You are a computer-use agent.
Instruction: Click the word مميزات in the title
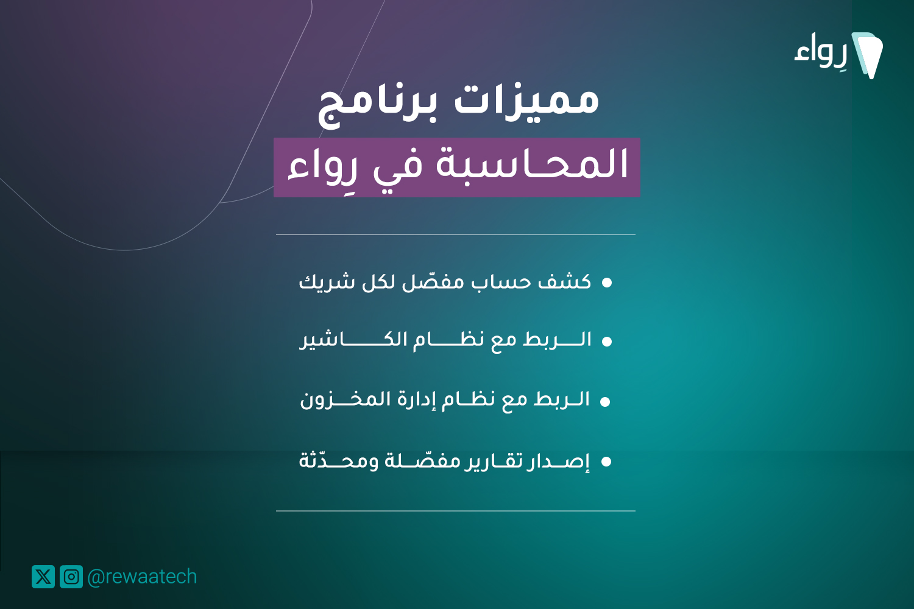[x=527, y=100]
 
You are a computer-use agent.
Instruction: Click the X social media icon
[x=43, y=576]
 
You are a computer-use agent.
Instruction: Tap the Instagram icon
[x=71, y=576]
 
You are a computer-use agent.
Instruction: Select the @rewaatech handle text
[x=142, y=577]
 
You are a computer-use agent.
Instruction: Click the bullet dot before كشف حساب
[x=607, y=283]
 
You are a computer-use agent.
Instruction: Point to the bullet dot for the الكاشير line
[x=607, y=342]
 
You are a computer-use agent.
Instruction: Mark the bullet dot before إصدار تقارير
[x=606, y=462]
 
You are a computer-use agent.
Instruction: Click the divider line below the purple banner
[x=456, y=234]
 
